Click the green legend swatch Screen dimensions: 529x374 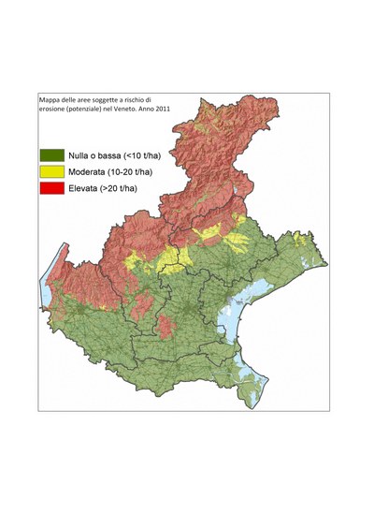50,154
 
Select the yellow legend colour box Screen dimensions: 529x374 50,171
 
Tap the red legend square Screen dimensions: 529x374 50,188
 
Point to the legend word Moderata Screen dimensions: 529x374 91,171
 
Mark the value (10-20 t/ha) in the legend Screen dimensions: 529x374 145,171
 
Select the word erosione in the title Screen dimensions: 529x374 54,110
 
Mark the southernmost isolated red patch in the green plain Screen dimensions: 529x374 165,327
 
